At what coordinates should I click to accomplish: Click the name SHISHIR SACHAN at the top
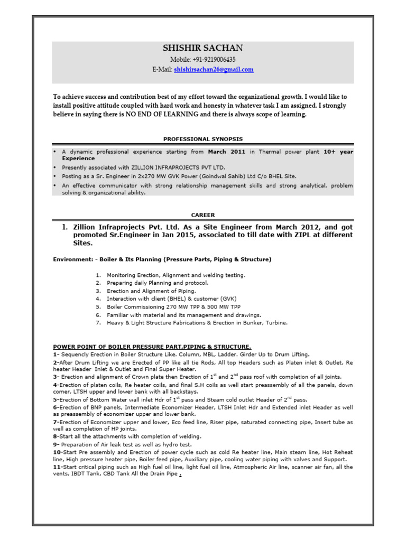(x=203, y=49)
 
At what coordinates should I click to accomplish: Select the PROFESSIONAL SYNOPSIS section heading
(x=203, y=139)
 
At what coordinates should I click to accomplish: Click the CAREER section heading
(x=203, y=215)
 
